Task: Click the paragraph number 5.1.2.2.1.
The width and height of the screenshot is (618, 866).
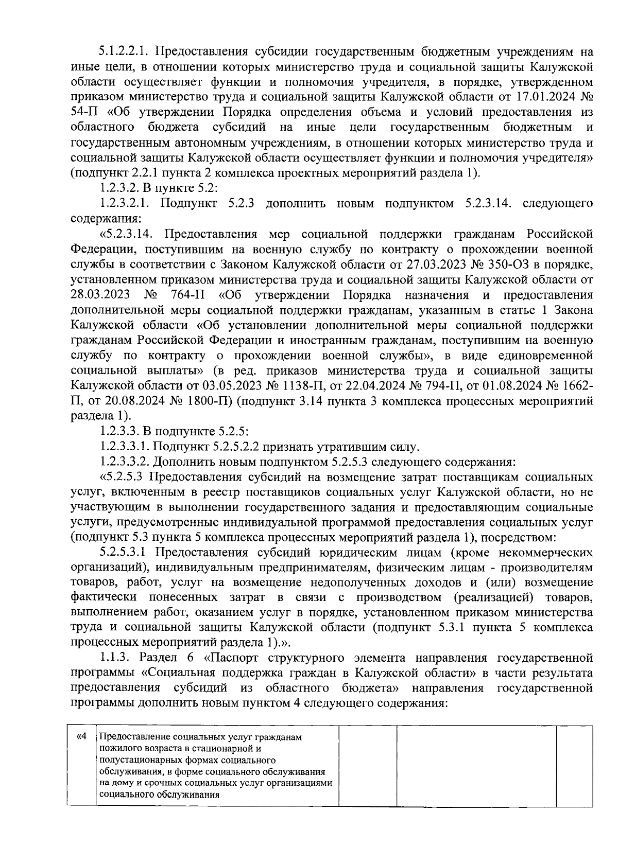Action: pos(123,52)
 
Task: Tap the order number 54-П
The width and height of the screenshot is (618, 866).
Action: pos(83,112)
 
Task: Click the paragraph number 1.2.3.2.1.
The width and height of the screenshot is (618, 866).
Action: pos(126,204)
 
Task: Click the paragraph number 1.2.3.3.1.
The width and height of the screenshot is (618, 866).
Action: pos(126,446)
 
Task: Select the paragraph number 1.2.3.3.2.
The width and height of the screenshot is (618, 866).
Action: pos(126,461)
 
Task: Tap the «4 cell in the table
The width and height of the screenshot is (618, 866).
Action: pos(81,737)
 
